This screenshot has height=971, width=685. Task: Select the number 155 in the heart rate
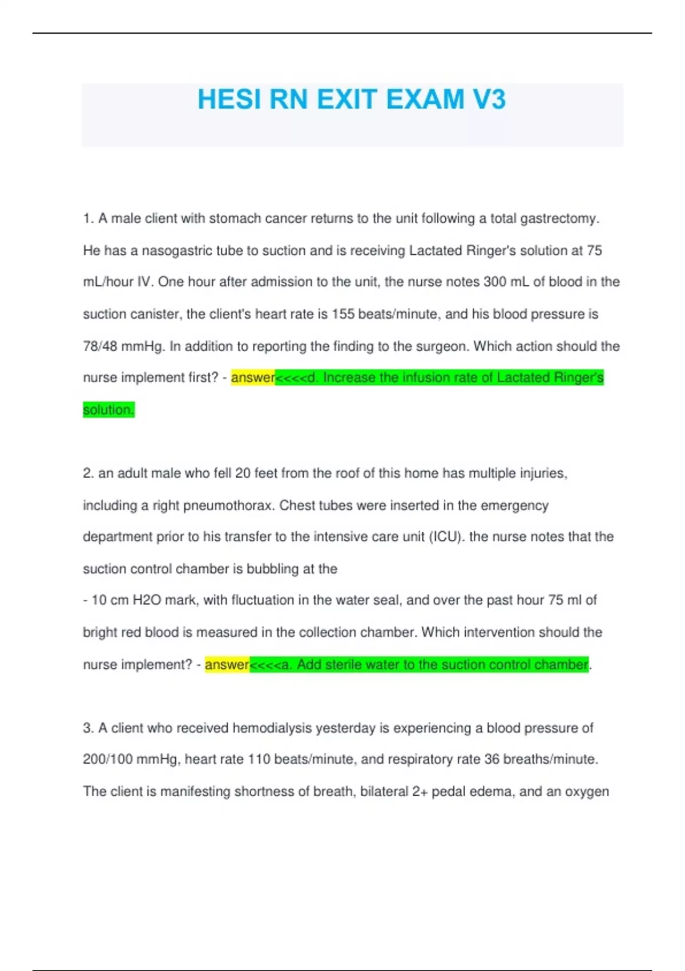pos(343,314)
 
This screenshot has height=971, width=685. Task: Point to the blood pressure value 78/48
pos(100,346)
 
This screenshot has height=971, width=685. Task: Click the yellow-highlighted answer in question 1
pos(253,378)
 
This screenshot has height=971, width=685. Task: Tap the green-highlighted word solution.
pos(108,410)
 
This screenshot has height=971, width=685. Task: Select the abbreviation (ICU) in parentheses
pos(445,537)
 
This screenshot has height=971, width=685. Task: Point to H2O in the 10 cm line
pos(147,600)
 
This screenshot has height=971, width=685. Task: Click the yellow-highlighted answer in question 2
pos(227,664)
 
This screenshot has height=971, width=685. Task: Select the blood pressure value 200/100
pos(107,759)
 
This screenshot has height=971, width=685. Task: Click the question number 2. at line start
pos(88,474)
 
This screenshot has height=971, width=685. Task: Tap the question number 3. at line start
pos(88,728)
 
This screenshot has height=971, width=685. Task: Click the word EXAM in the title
pos(425,99)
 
